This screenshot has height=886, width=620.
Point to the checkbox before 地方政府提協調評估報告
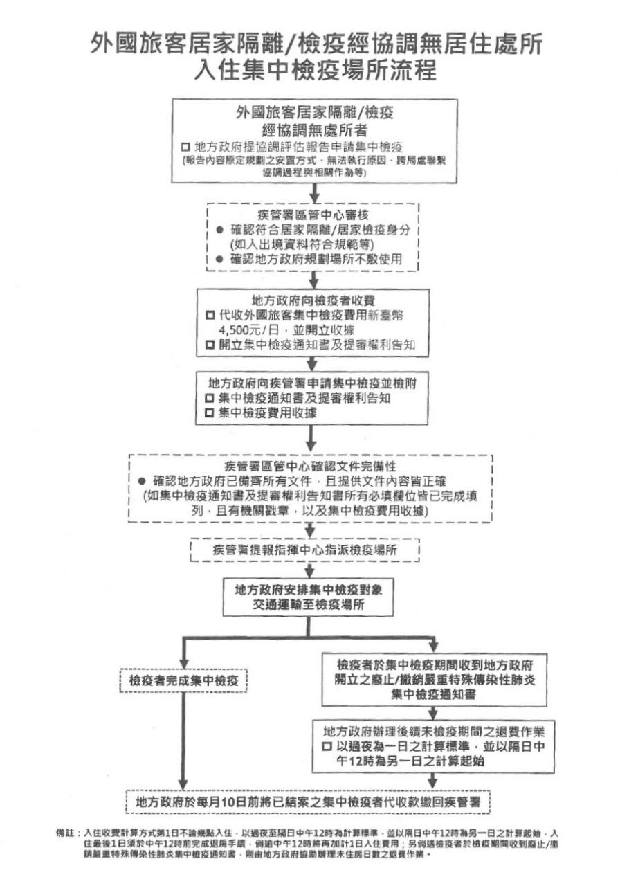pyautogui.click(x=185, y=147)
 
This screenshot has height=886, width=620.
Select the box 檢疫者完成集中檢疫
pyautogui.click(x=183, y=681)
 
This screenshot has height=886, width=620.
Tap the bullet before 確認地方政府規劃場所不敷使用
pyautogui.click(x=219, y=259)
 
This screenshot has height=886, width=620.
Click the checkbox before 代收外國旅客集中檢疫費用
pyautogui.click(x=210, y=315)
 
